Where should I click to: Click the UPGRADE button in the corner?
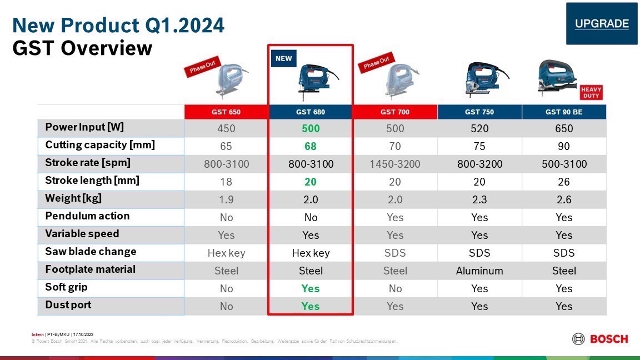(x=602, y=23)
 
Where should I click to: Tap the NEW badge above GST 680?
(x=283, y=58)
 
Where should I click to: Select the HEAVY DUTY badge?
(x=591, y=92)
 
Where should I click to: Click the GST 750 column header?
(x=479, y=112)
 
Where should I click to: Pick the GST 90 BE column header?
(x=564, y=112)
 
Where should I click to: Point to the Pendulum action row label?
(x=87, y=216)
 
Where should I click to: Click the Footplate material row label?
(x=90, y=269)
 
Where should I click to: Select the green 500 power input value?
(x=311, y=128)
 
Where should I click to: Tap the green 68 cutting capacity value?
(x=311, y=146)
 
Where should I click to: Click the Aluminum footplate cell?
(x=479, y=271)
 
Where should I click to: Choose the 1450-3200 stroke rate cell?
(x=395, y=164)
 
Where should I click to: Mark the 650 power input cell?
(x=564, y=128)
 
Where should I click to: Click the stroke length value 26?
(x=564, y=182)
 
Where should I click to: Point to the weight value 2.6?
(x=564, y=199)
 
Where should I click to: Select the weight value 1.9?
(x=226, y=199)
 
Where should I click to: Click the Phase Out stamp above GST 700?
(x=377, y=63)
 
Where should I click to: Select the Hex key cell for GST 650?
(x=226, y=253)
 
